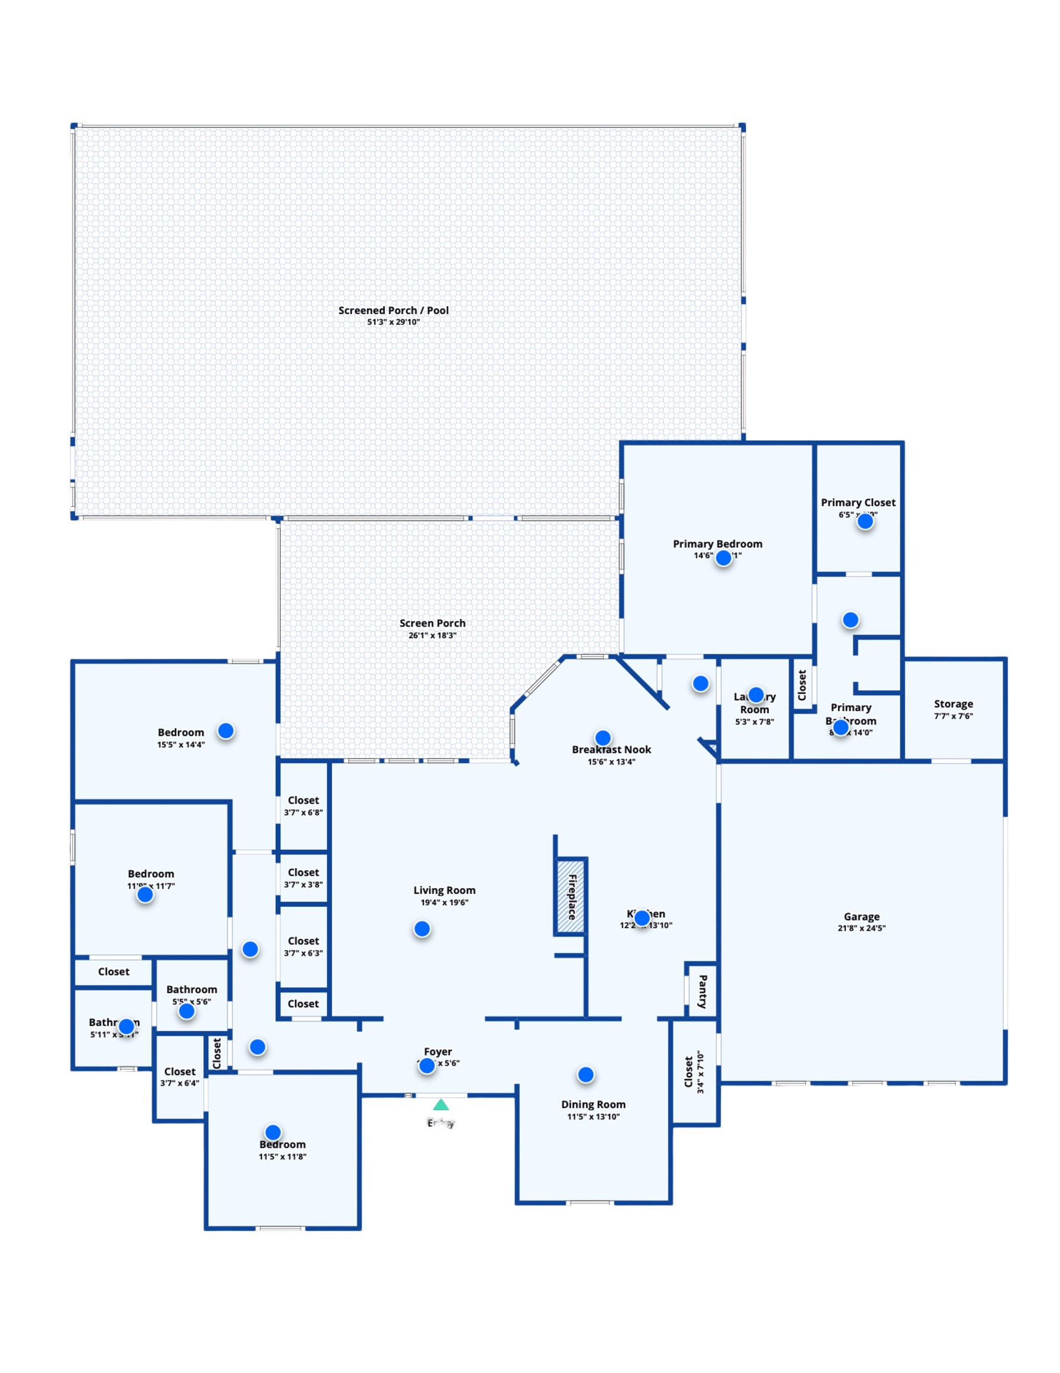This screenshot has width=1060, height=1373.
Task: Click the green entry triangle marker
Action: [441, 1105]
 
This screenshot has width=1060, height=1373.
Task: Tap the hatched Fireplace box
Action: [570, 896]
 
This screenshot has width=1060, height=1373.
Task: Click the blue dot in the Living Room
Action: [422, 928]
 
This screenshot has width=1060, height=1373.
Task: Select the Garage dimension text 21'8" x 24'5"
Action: [861, 928]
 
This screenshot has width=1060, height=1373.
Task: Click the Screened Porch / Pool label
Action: [394, 310]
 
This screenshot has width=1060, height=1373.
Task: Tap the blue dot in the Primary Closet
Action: [865, 521]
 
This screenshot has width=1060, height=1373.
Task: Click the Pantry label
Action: [703, 992]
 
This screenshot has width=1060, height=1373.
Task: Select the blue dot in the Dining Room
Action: [585, 1075]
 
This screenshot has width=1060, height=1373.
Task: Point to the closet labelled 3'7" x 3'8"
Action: [303, 878]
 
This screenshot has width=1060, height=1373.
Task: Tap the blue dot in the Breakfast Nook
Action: [602, 737]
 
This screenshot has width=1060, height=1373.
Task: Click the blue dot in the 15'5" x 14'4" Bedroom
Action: [226, 731]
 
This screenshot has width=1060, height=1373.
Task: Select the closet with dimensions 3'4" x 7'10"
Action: [694, 1072]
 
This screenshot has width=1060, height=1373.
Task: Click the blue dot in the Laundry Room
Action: [755, 695]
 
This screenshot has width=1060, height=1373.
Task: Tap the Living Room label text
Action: [444, 890]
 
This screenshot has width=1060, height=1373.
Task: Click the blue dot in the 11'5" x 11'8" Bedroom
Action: [273, 1132]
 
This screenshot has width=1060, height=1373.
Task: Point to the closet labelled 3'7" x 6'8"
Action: [303, 805]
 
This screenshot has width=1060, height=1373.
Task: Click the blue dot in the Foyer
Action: [426, 1066]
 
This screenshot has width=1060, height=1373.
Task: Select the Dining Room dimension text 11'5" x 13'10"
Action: [593, 1117]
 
